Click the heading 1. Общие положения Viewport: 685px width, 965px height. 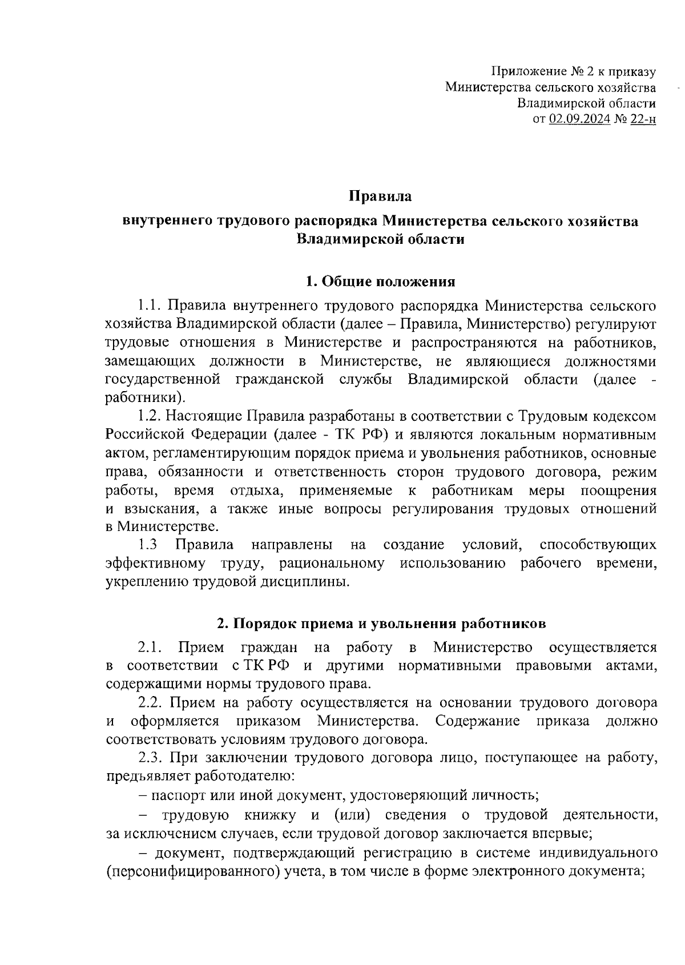pos(380,282)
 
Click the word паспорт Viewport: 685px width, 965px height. pos(183,794)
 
